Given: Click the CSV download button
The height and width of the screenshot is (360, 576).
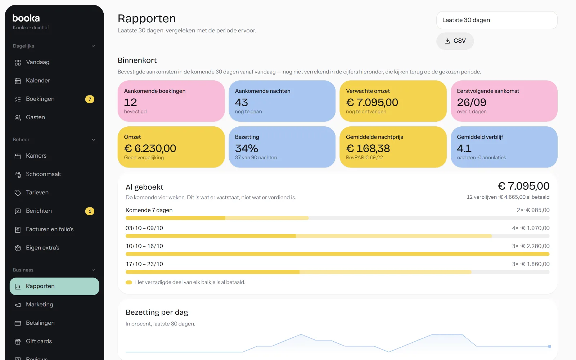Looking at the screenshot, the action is (455, 41).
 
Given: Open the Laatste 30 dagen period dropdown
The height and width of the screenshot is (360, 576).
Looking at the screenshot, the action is (497, 20).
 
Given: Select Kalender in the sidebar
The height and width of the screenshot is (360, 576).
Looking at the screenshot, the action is (38, 81).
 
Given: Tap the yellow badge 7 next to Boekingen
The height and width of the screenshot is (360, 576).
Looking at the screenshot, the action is (90, 99).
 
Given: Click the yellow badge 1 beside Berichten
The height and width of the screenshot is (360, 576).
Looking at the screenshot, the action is (90, 211).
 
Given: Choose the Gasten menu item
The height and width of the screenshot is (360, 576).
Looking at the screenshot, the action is (35, 117).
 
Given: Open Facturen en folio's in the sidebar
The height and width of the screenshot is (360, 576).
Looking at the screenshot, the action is (50, 229).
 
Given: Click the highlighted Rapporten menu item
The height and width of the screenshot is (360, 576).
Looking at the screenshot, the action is (54, 286).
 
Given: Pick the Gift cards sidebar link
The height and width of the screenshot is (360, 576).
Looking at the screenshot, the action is (39, 341).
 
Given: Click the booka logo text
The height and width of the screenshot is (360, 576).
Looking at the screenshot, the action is (26, 18).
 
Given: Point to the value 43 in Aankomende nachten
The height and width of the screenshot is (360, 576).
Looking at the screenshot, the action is (242, 102).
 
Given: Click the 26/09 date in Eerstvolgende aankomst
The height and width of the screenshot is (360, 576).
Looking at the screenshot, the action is (472, 102).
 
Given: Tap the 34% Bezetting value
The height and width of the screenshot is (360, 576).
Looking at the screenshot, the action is (247, 148).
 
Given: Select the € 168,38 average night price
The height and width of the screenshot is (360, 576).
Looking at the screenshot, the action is (368, 148).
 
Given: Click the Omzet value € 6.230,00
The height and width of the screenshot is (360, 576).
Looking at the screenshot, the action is (150, 148).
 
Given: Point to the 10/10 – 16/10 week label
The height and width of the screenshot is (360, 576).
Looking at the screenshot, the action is (144, 246).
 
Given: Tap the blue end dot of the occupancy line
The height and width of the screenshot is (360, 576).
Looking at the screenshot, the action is (549, 346).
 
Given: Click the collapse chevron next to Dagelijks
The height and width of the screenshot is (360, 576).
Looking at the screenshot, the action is (93, 46).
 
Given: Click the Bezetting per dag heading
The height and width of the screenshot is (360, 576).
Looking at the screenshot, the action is (157, 312).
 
